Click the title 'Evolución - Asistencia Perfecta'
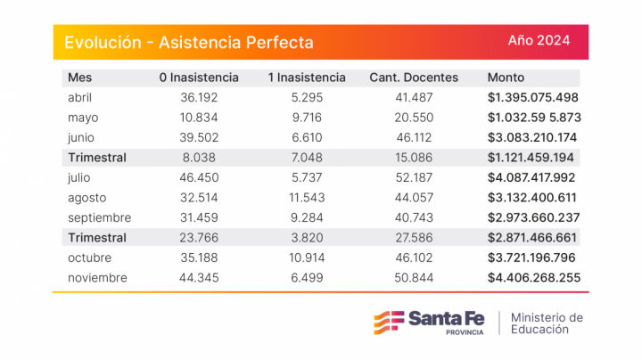(189, 42)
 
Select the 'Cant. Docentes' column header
(414, 78)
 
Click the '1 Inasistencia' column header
(307, 78)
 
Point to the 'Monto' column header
(506, 78)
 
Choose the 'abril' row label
(80, 97)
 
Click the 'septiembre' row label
(99, 217)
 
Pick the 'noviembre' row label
(97, 278)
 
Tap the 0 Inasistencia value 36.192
(199, 97)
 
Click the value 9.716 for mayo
(307, 118)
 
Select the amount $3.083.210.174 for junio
(533, 137)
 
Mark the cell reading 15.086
(414, 158)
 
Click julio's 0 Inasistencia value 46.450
(199, 177)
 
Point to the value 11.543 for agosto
(307, 198)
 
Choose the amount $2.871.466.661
(533, 238)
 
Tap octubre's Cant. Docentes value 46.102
(414, 258)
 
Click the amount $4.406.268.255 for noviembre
(533, 278)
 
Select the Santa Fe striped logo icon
(386, 322)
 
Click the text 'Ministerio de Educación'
(547, 323)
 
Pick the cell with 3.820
(307, 238)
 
